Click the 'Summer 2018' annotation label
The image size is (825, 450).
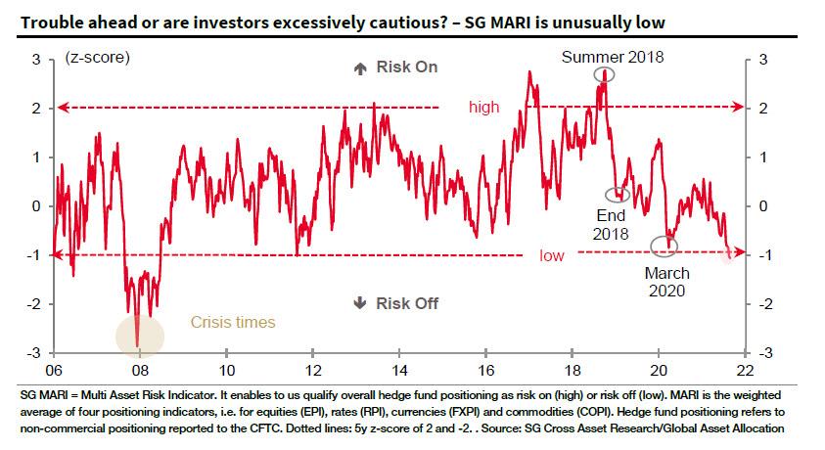point(613,57)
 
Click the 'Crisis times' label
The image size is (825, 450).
point(233,322)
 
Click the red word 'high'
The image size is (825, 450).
point(483,108)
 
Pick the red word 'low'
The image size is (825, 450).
point(552,255)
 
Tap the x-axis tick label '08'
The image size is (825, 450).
point(140,371)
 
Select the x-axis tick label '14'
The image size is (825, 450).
point(398,371)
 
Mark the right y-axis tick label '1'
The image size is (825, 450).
point(762,157)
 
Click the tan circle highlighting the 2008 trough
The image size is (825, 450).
point(139,336)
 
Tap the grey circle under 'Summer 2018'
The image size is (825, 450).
point(607,74)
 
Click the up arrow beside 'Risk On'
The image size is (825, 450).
point(359,67)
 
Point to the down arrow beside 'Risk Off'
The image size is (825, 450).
point(359,303)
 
